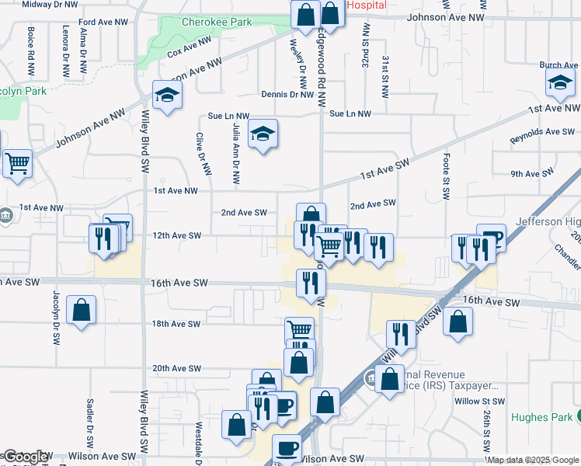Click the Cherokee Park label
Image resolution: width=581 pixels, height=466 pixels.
[x=216, y=23]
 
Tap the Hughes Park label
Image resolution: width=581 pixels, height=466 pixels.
[x=541, y=417]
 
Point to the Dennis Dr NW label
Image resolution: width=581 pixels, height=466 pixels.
[x=287, y=96]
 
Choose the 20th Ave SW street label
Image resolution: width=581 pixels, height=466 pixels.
[x=176, y=368]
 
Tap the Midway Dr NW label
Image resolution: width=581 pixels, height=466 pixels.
[x=50, y=5]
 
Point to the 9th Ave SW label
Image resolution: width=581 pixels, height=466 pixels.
[x=532, y=172]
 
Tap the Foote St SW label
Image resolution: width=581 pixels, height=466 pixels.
[x=447, y=177]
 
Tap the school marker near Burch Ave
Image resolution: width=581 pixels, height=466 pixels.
[x=559, y=84]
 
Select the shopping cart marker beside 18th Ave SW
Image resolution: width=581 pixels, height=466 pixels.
[x=298, y=330]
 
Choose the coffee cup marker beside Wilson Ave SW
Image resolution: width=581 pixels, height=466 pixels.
[x=287, y=447]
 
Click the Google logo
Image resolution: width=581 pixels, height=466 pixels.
[x=25, y=457]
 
